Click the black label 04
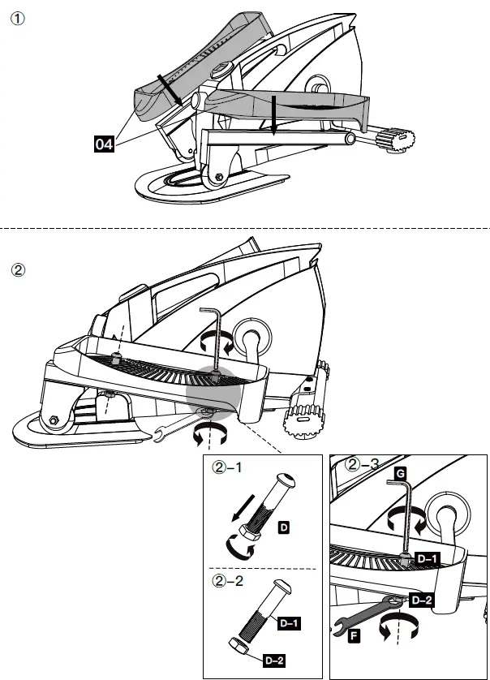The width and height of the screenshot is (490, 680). click(104, 145)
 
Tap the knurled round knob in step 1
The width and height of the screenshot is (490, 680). click(397, 140)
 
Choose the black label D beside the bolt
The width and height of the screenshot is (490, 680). click(284, 528)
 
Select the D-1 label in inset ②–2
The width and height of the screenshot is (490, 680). click(290, 623)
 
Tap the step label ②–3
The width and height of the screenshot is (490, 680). click(362, 466)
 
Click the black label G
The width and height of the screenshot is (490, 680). click(399, 471)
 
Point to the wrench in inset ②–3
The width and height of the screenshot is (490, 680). click(370, 615)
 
